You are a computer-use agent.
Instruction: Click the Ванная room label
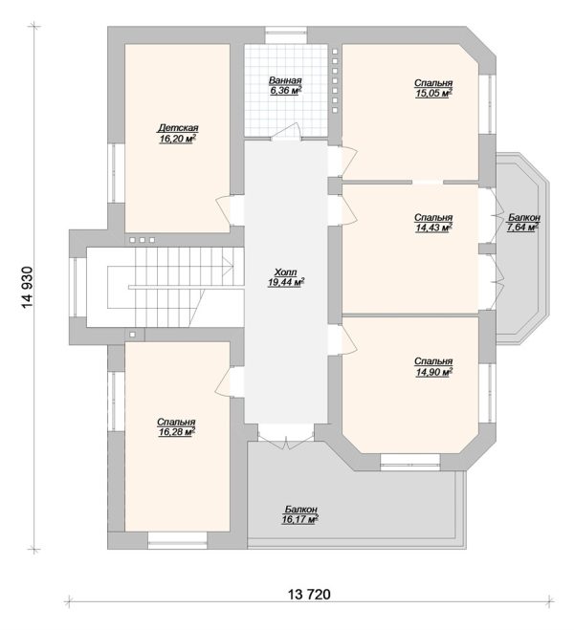coord(285,80)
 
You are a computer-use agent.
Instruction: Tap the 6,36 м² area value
coord(286,91)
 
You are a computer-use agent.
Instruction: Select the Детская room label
coord(178,128)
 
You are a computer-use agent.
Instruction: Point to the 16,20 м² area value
coord(178,139)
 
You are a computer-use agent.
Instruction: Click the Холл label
coord(285,272)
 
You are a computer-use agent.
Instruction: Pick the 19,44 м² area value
coord(286,282)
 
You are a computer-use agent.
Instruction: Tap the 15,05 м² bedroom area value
coord(433,94)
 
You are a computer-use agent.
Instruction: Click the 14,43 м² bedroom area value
coord(433,228)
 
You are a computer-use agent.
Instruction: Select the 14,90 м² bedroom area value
coord(433,372)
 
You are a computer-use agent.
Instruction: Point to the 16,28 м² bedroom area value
coord(176,432)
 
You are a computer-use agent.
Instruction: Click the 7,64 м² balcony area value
coord(522,228)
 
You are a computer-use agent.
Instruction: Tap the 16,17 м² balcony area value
coord(300,520)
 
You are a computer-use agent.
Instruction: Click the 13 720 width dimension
coord(310,594)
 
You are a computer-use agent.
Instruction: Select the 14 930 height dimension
coord(28,288)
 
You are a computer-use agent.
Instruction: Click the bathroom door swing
coord(286,131)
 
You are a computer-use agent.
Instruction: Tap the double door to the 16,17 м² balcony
coord(286,436)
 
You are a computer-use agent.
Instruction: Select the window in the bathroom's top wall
coord(286,34)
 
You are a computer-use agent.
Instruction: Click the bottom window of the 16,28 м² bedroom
coord(177,541)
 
